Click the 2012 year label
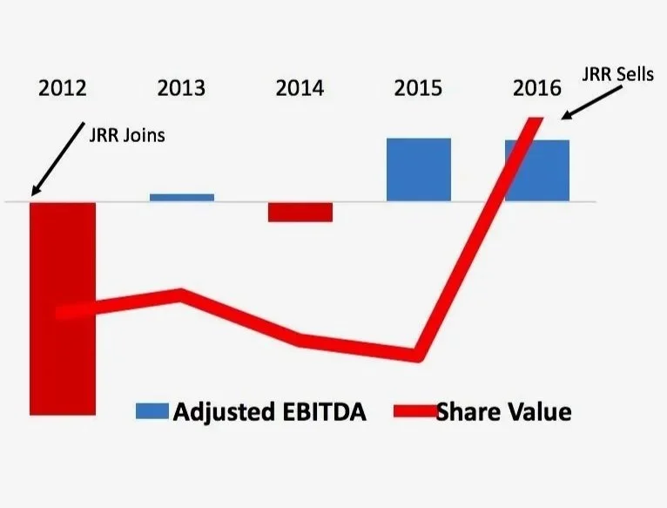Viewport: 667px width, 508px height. [63, 88]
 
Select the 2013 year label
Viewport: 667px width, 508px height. [181, 88]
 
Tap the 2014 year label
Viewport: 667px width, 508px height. [300, 88]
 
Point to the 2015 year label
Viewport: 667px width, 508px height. [418, 88]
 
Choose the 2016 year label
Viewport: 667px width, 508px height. [537, 88]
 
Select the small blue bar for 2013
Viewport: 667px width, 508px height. [181, 198]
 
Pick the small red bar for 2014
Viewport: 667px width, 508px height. [300, 212]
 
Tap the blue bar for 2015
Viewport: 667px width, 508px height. [419, 169]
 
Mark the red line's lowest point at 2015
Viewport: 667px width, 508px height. [418, 355]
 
